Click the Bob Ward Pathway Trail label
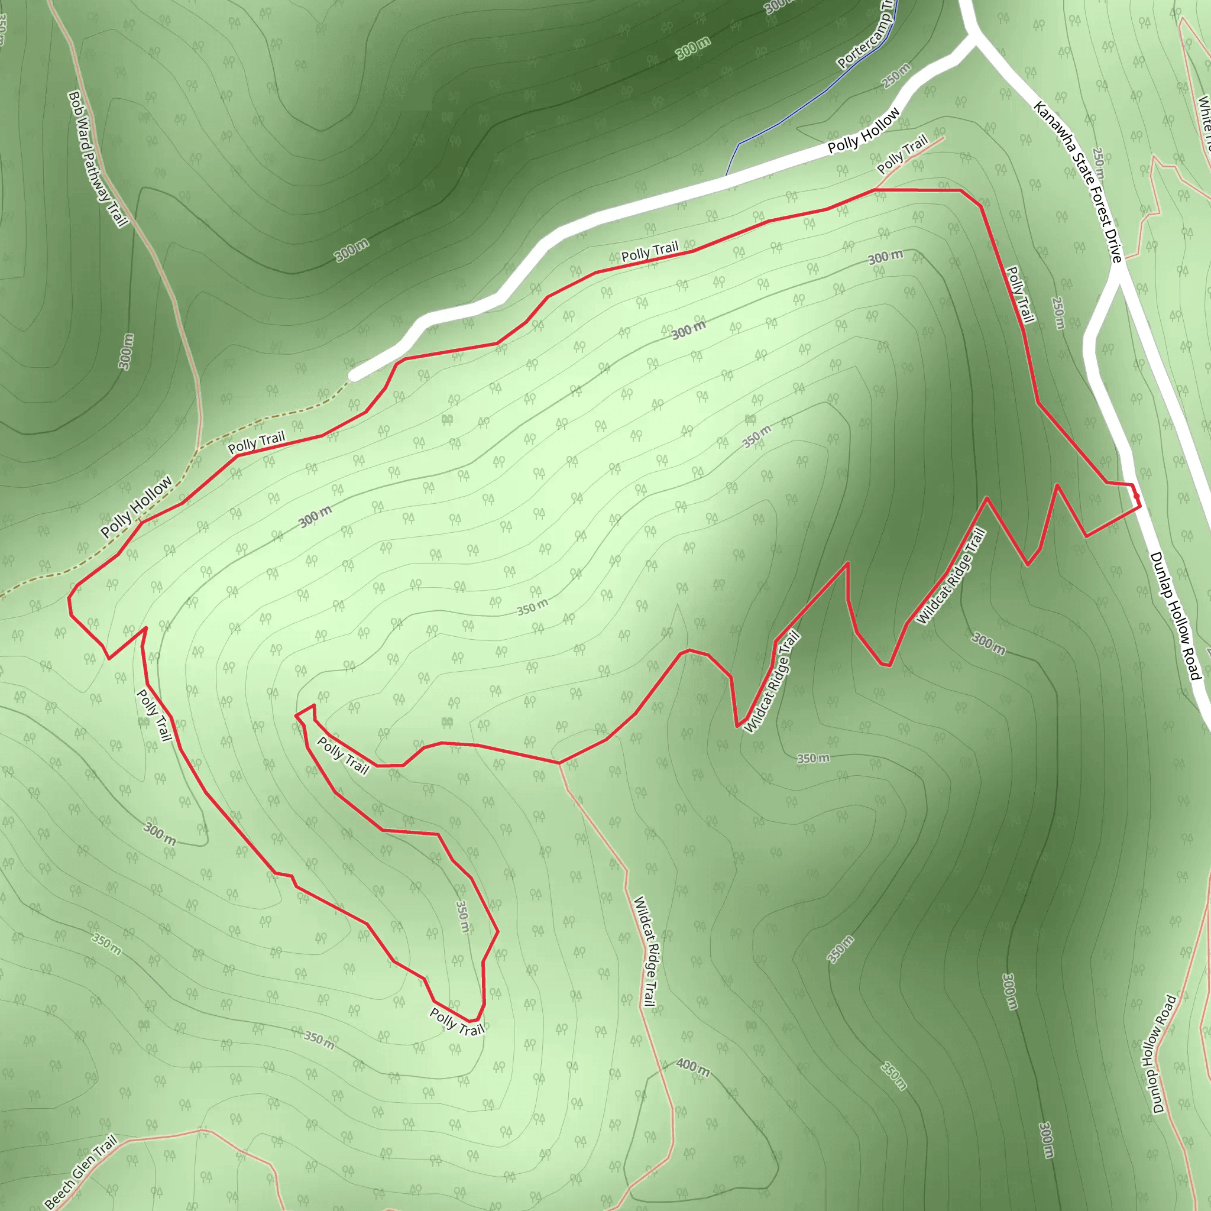(98, 158)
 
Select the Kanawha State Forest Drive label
(1077, 182)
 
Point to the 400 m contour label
(692, 1067)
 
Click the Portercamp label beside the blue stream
(866, 38)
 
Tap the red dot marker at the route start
(1136, 497)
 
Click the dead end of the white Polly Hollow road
(355, 375)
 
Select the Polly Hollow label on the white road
(863, 130)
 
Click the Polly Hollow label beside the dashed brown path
(136, 507)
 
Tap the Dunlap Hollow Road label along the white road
(1176, 616)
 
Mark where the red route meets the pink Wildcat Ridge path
(560, 763)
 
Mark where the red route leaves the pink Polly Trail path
(876, 189)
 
